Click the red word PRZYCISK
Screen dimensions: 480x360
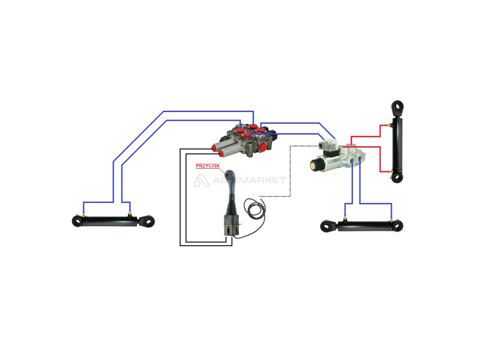pyautogui.click(x=207, y=165)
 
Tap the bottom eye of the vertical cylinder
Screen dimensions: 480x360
pyautogui.click(x=397, y=177)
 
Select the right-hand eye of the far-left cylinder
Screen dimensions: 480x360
pyautogui.click(x=149, y=221)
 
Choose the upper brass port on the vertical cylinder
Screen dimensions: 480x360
pyautogui.click(x=390, y=125)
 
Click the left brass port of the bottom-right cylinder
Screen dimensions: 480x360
pyautogui.click(x=345, y=217)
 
